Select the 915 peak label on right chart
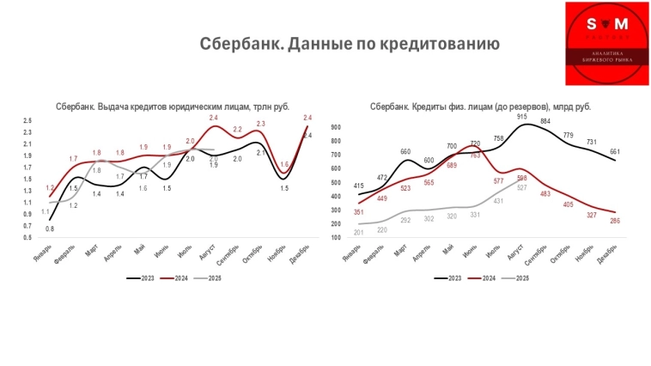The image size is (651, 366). (523, 116)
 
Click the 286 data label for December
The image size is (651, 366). (615, 221)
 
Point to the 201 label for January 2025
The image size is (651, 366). (360, 233)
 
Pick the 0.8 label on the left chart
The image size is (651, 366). (49, 229)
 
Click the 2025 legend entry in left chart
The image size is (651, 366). (209, 278)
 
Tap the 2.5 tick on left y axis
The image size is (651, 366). (27, 121)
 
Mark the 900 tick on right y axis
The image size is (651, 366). (336, 127)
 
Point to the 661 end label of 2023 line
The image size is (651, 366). (615, 152)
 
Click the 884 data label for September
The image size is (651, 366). (545, 122)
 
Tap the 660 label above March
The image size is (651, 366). (405, 151)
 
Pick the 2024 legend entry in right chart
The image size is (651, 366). (486, 278)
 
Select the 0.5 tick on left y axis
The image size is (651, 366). (27, 237)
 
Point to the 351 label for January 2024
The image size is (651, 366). (359, 212)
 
